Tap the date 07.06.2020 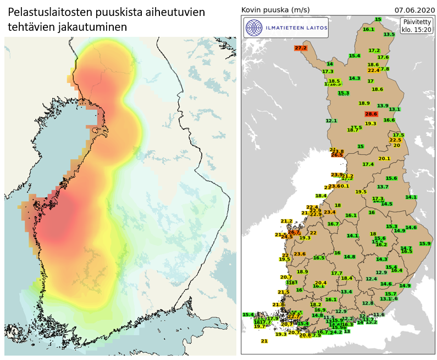[x=413, y=10]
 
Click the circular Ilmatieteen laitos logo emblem [x=253, y=27]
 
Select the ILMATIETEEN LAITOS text [x=295, y=27]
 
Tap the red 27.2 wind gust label [x=301, y=48]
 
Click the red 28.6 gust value [x=372, y=114]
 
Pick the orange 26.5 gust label [x=336, y=155]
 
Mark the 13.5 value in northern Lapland [x=389, y=35]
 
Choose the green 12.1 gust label [x=331, y=120]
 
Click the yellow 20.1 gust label [x=384, y=158]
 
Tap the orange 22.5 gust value [x=395, y=140]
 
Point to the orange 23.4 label [x=329, y=212]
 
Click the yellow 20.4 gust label [x=321, y=283]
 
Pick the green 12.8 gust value [x=368, y=303]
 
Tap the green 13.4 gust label [x=346, y=292]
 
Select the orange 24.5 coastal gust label [x=286, y=237]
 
